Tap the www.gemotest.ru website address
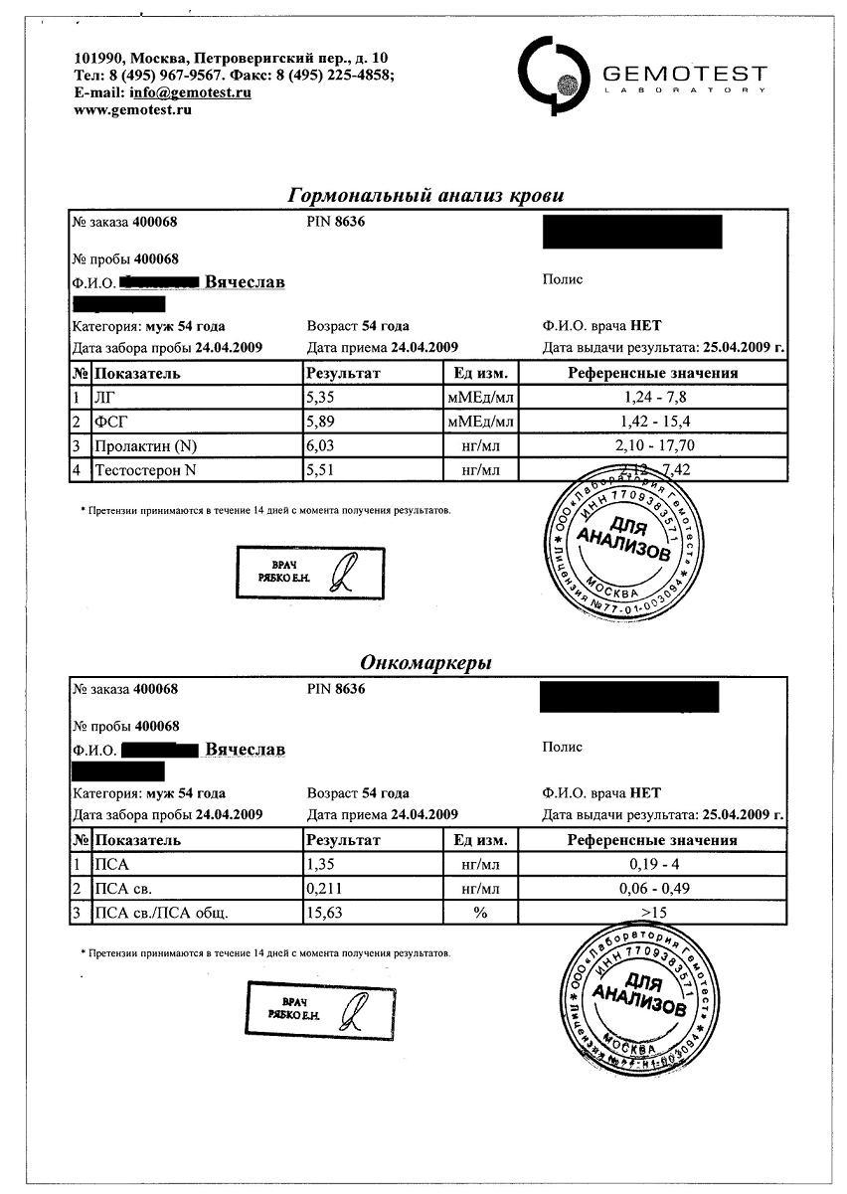click(132, 109)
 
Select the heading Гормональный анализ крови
click(425, 195)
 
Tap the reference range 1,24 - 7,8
click(652, 398)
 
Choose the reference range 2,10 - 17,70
click(652, 445)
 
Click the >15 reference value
click(652, 913)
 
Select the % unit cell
click(481, 913)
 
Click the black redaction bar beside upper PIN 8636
click(632, 231)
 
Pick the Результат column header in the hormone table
click(343, 374)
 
